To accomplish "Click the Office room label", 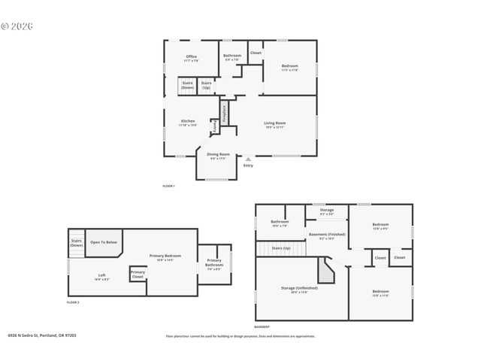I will [x=191, y=58].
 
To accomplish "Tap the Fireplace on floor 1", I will [x=224, y=113].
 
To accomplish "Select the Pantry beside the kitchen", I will [x=216, y=129].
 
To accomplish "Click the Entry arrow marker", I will [x=248, y=159].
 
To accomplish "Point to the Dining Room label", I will [x=218, y=156].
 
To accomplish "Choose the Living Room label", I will [x=274, y=124].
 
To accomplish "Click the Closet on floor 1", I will [x=256, y=53].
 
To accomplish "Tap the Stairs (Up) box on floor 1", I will [x=206, y=86].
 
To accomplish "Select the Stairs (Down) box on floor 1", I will [x=187, y=86].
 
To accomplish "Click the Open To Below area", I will [x=104, y=242].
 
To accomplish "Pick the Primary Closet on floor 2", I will [x=138, y=275].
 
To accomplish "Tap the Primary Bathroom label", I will [x=213, y=262].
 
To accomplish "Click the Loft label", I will [x=101, y=275].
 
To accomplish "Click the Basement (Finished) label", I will [x=327, y=235].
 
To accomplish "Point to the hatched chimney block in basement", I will [x=325, y=267].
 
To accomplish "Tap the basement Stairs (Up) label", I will [x=280, y=247].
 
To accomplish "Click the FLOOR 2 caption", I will [x=73, y=302].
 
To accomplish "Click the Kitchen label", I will [x=188, y=122].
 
